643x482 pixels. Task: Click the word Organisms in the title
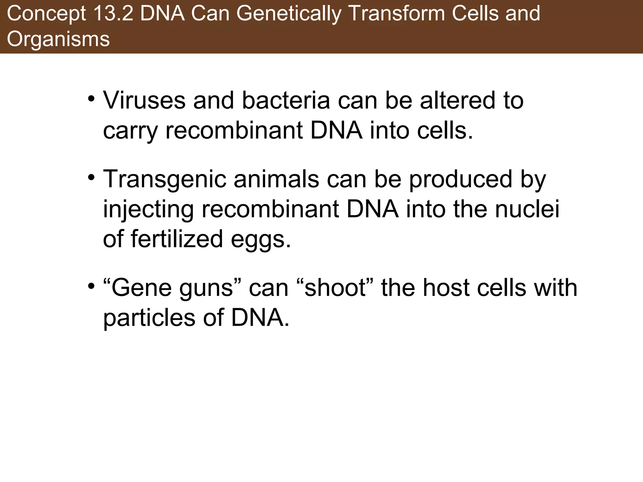pyautogui.click(x=58, y=40)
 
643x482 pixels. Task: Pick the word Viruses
pyautogui.click(x=144, y=100)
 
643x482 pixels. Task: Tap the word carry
pyautogui.click(x=130, y=131)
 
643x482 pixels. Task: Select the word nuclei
pyautogui.click(x=527, y=209)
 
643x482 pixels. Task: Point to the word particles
pyautogui.click(x=149, y=318)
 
